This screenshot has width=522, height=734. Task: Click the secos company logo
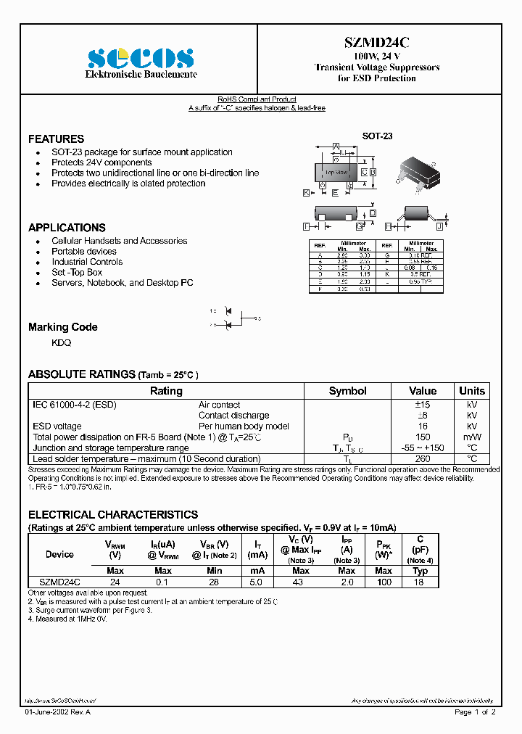141,58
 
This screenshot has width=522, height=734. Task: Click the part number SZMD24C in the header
377,44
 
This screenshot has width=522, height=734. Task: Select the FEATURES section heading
56,139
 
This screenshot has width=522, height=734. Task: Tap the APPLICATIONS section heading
67,227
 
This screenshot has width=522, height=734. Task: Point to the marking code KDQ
61,342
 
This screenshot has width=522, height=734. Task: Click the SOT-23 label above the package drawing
377,136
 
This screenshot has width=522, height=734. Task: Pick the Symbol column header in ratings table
347,391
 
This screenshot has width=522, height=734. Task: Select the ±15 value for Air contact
423,405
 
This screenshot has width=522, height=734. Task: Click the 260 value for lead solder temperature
423,458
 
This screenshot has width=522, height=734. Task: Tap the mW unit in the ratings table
472,437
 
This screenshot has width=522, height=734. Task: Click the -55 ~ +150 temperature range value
423,448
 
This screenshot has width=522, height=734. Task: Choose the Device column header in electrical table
59,554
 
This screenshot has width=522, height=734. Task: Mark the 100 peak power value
384,582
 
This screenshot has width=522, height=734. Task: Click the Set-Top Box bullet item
77,272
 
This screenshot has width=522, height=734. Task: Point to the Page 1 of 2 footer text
475,712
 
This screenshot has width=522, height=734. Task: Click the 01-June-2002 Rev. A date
58,712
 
